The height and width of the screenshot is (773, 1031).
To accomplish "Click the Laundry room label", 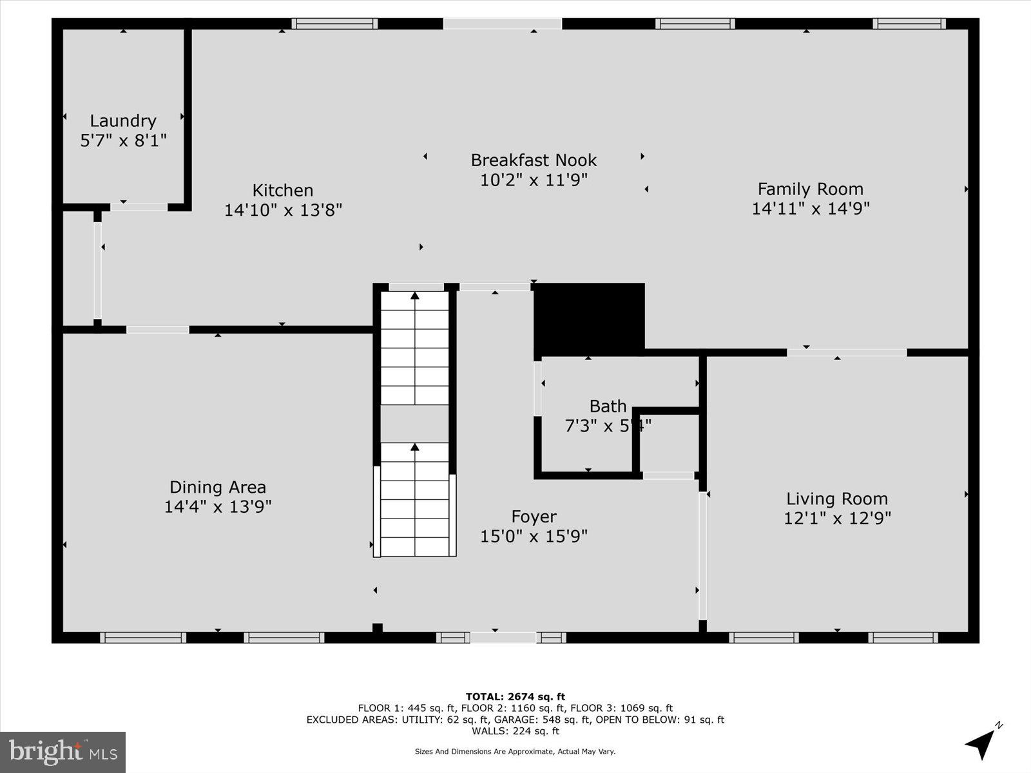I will pos(122,121).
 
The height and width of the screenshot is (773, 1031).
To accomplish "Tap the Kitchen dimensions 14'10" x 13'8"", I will pos(283,210).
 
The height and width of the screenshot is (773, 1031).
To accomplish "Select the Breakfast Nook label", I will pos(534,160).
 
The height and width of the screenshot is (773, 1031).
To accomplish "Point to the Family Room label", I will pos(810,189).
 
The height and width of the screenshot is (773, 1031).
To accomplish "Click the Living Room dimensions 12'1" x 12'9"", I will pos(837,519).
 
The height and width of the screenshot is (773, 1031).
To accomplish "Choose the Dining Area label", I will pos(218,487).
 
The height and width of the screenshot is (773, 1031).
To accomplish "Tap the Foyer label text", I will pos(534,517).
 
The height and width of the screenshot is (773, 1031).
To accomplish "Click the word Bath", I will pos(608,406).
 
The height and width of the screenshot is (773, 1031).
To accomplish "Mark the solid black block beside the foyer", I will pos(590,318).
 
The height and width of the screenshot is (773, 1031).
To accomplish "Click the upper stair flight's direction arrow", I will pos(415,296).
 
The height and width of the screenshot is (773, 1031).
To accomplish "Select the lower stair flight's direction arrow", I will pos(415,446).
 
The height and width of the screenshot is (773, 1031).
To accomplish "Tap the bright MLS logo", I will pos(63,752).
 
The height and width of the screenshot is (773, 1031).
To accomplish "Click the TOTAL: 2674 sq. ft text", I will pos(515,696).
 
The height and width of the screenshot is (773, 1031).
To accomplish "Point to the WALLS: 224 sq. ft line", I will pos(515,731).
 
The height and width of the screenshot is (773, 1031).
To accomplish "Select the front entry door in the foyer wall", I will pos(503,638).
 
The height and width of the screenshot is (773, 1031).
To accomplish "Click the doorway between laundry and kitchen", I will pos(139,207).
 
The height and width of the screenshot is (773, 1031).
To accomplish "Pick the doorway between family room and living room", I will pos(846,352).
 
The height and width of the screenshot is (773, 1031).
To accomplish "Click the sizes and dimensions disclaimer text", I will pos(515,751).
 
